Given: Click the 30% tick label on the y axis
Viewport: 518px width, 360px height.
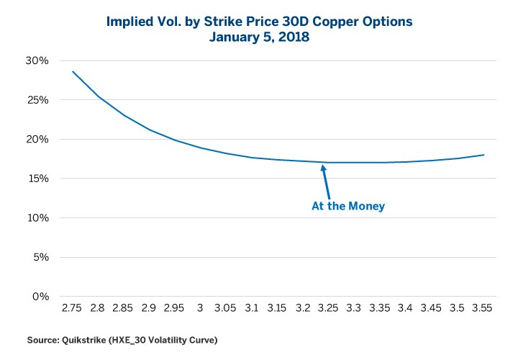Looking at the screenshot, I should (37, 60).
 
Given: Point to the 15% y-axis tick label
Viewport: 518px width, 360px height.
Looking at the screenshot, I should (37, 179).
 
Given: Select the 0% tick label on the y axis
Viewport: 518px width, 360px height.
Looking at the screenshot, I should (40, 297).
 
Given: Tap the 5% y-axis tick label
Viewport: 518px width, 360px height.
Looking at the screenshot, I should (40, 257).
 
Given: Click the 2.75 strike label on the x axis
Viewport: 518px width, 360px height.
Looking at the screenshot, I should (72, 308).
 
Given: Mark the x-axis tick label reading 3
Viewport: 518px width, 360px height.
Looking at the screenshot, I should (201, 308).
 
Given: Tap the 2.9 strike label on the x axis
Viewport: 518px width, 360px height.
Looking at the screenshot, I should (149, 308).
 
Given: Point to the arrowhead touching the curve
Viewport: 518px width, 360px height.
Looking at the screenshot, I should (323, 167).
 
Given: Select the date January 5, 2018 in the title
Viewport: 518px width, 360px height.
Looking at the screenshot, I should (259, 36).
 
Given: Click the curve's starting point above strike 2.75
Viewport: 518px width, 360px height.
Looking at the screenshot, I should (72, 71).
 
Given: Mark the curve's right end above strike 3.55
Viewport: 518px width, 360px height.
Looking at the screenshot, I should (483, 155).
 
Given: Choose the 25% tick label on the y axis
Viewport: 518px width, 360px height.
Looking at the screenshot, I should (37, 100).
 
